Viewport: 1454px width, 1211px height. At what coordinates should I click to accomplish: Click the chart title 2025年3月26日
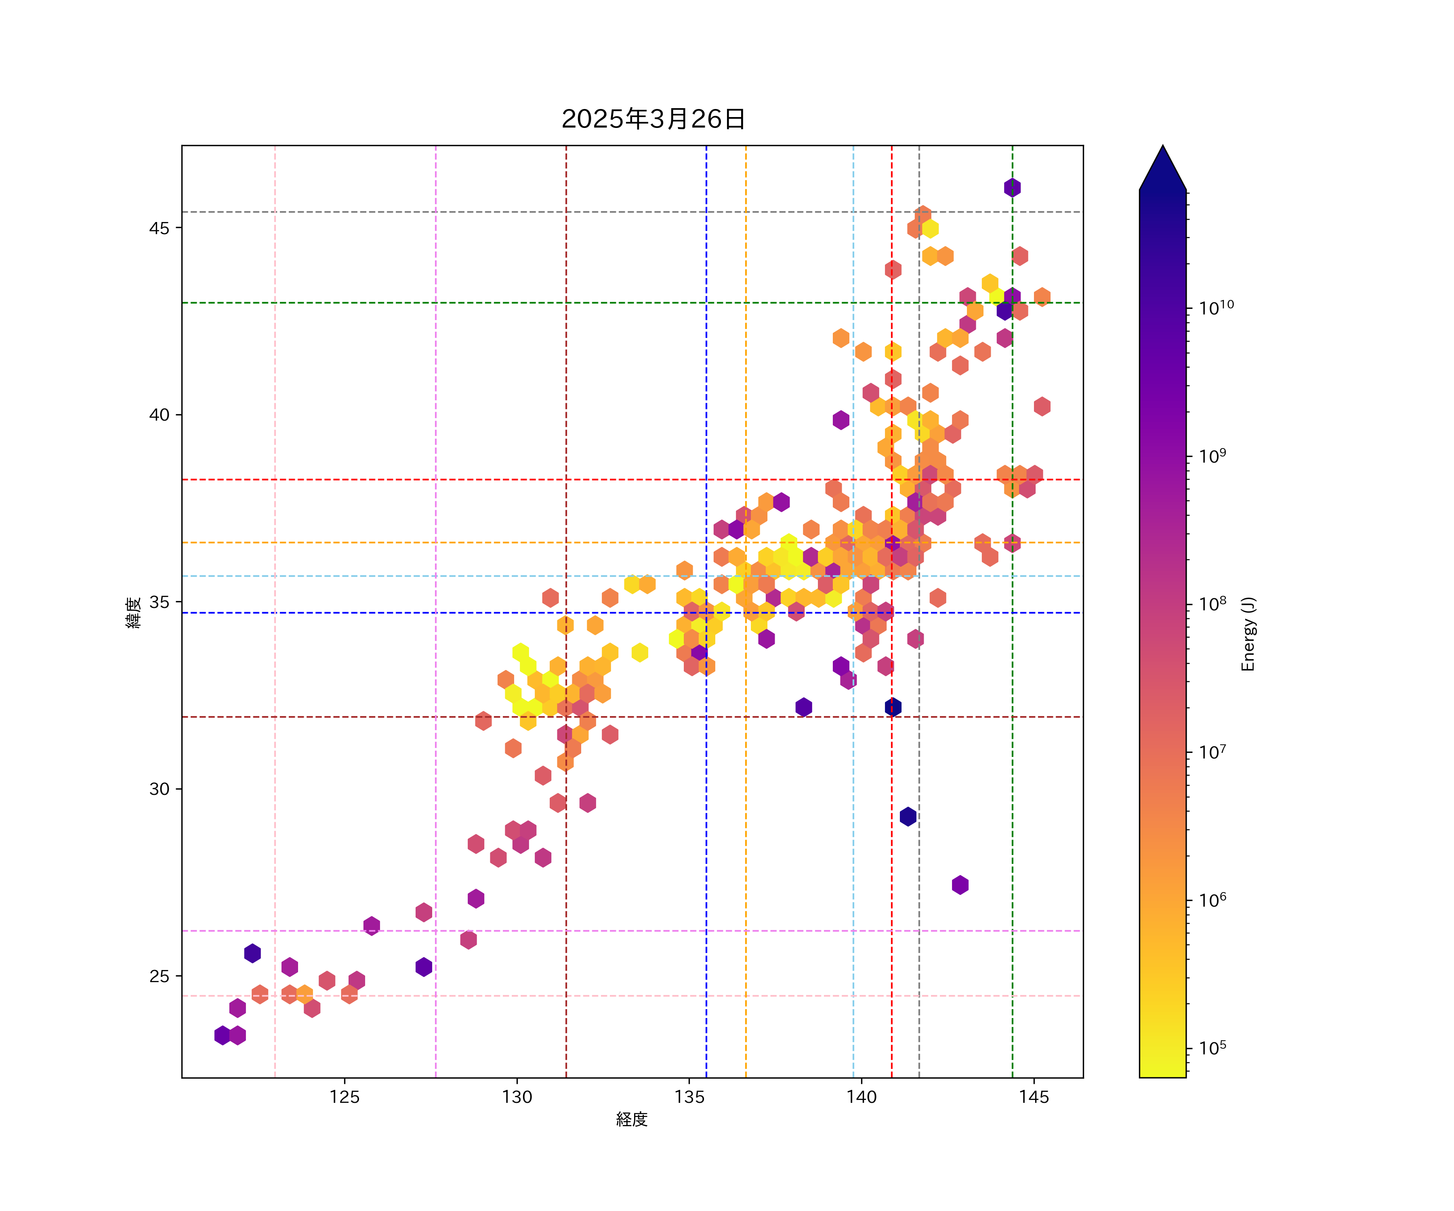(653, 119)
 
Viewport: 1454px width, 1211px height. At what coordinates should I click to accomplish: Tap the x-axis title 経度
(631, 1119)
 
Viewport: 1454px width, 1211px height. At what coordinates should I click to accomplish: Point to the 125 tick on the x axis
(345, 1097)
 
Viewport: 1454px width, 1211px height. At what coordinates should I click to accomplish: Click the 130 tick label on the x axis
(517, 1097)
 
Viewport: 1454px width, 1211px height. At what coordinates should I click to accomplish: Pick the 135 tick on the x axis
(689, 1097)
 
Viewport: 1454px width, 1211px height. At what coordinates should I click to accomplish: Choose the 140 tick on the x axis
(862, 1097)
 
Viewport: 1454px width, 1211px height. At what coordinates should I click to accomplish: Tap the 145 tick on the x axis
(1034, 1097)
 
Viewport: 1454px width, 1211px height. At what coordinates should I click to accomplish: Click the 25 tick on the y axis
(159, 976)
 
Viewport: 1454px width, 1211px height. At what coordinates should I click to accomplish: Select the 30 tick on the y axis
(159, 789)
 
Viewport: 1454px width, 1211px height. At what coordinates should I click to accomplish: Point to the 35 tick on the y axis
(159, 602)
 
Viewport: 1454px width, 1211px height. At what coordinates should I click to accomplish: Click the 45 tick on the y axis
(159, 228)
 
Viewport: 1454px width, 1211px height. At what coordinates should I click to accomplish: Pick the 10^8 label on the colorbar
(1212, 603)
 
